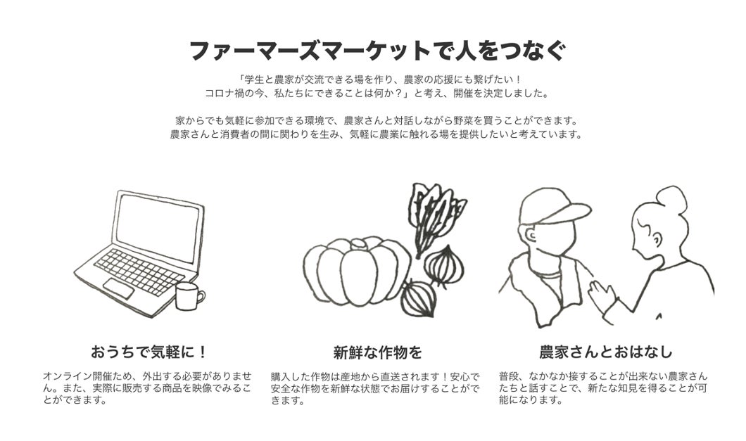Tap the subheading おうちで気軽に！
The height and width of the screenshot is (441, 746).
[x=150, y=352]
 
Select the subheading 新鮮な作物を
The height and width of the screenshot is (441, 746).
[x=378, y=352]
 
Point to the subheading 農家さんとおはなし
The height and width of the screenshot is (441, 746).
[x=605, y=352]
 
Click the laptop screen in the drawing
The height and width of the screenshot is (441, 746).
[x=158, y=226]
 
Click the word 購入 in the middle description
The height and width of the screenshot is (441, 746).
[x=280, y=376]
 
